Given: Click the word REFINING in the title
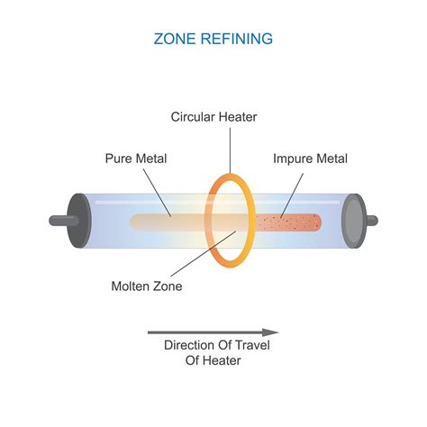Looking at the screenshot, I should pyautogui.click(x=236, y=39).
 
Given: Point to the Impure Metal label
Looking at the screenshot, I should pyautogui.click(x=309, y=159).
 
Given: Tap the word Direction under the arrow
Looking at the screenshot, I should pyautogui.click(x=192, y=345).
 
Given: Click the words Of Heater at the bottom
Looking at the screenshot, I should pyautogui.click(x=215, y=361).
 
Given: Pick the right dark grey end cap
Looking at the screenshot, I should pyautogui.click(x=352, y=220).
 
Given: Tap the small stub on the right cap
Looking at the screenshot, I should pyautogui.click(x=372, y=220).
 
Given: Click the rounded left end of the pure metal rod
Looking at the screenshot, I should pyautogui.click(x=133, y=222).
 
